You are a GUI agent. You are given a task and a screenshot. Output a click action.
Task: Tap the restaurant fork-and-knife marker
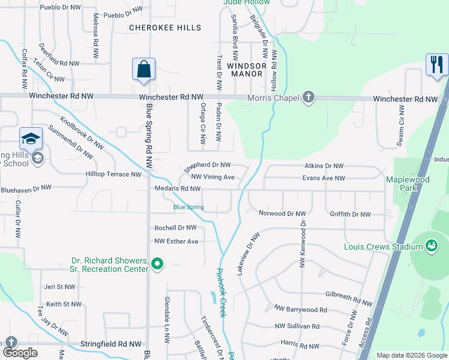(x=436, y=64)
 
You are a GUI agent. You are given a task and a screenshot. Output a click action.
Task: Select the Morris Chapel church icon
(x=308, y=97)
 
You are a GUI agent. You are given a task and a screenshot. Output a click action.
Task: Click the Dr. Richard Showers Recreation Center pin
(x=157, y=264)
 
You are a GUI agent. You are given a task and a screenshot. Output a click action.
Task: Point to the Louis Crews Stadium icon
(x=430, y=245)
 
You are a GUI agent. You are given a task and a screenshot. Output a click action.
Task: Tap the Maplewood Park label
(x=417, y=183)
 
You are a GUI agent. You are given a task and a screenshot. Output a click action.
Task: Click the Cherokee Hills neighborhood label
(x=165, y=28)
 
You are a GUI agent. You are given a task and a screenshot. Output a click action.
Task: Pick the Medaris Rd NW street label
(x=178, y=189)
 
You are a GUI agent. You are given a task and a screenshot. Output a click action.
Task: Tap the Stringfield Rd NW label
(x=110, y=344)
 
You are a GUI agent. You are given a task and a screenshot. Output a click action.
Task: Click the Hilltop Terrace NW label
(x=113, y=175)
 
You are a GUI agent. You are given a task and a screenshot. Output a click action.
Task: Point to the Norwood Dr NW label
(x=282, y=214)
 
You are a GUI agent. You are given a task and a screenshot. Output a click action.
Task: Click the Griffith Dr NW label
(x=350, y=214)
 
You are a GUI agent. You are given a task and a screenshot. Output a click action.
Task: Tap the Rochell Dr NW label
(x=175, y=228)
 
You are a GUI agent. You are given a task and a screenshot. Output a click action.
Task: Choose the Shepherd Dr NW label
(x=208, y=164)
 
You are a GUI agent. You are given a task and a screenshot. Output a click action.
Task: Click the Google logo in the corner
(x=20, y=352)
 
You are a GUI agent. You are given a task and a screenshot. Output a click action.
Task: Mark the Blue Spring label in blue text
(x=188, y=208)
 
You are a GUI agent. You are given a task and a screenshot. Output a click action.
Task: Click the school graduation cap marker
(x=31, y=139)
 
